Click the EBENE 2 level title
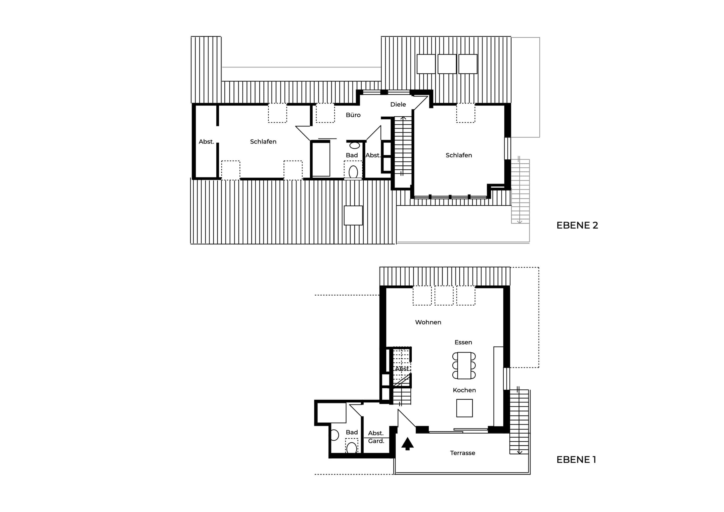click(577, 225)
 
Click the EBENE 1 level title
click(576, 460)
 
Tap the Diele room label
click(398, 104)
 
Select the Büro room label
click(353, 115)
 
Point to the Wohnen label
click(428, 322)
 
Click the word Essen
click(463, 342)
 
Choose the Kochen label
click(464, 390)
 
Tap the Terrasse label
click(462, 453)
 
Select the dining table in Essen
click(464, 365)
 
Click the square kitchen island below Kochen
click(464, 408)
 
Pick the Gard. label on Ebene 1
click(376, 441)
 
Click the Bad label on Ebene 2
click(352, 155)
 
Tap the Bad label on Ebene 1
click(352, 432)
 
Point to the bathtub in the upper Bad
click(321, 160)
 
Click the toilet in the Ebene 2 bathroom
click(353, 172)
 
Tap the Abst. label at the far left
click(206, 142)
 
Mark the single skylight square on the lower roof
click(353, 215)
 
